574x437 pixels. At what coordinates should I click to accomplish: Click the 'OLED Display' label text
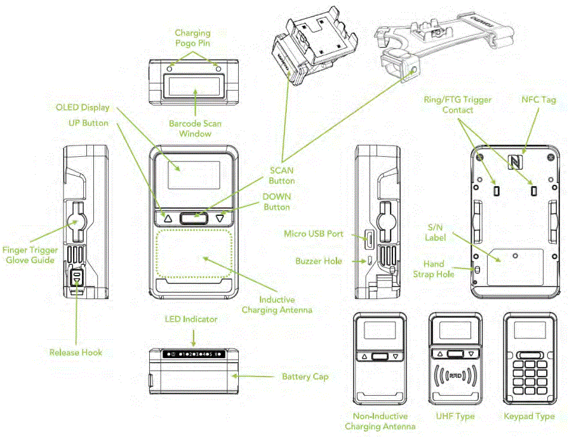(83, 107)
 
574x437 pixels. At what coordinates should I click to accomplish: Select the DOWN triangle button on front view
(220, 218)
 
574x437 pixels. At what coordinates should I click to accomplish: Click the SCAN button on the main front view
(194, 218)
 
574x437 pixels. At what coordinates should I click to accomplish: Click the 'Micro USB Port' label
(313, 234)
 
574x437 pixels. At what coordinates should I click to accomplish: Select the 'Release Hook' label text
(76, 352)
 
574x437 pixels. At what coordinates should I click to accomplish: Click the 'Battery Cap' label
(305, 377)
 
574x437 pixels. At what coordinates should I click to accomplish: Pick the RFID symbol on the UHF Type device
(455, 376)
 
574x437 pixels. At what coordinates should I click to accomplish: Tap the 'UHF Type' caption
(455, 416)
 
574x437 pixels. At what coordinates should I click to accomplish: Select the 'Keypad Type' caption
(528, 416)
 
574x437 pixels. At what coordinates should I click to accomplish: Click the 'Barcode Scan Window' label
(194, 128)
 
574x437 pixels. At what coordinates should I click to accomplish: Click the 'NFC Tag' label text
(538, 100)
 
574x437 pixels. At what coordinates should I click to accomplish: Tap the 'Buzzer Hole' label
(319, 260)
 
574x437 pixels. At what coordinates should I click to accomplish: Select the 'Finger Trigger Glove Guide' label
(32, 255)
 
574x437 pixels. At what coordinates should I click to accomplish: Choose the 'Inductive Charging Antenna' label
(277, 304)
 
